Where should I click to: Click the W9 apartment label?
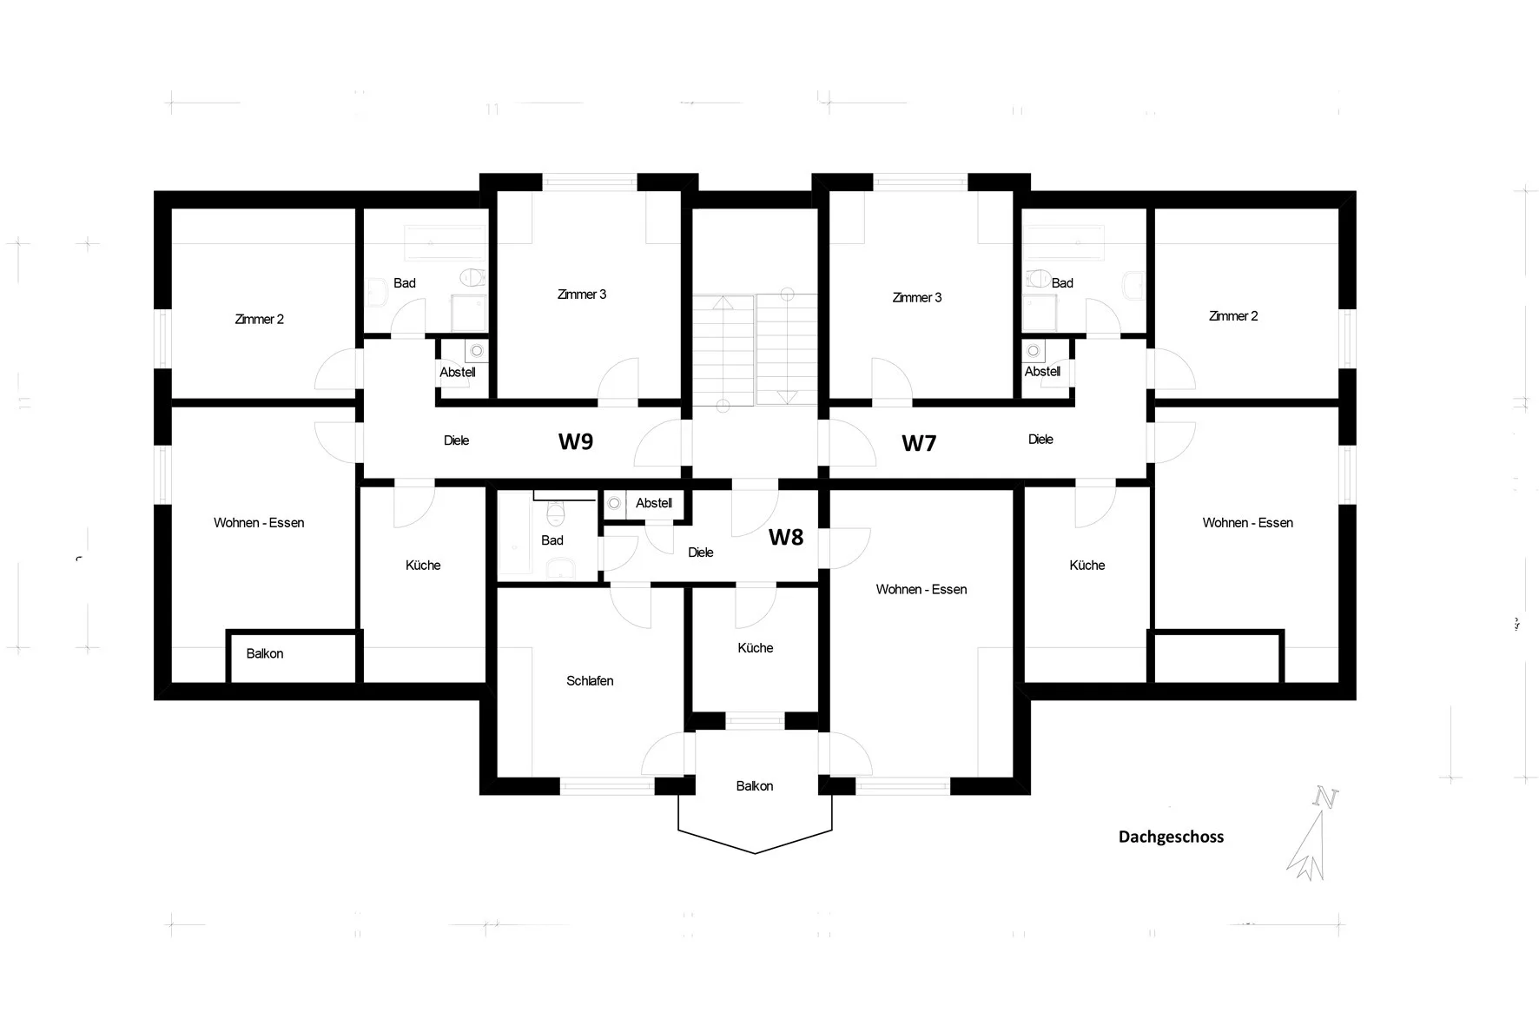[576, 441]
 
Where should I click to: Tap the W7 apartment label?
[919, 443]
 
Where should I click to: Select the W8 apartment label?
[786, 538]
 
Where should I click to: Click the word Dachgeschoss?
[1171, 837]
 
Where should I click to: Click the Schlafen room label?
[590, 681]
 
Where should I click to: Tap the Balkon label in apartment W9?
[265, 653]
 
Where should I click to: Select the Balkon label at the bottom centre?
[755, 786]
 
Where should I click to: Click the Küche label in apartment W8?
[756, 648]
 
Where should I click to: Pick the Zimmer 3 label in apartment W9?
[582, 295]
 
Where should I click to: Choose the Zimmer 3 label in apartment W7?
[917, 298]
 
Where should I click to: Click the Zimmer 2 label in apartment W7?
[1233, 316]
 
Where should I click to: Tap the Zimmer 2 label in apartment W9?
[260, 320]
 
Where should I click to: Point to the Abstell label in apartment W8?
[654, 503]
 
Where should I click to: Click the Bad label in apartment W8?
[552, 540]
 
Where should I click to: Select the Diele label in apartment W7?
[1040, 440]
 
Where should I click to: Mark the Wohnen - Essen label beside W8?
[921, 590]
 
